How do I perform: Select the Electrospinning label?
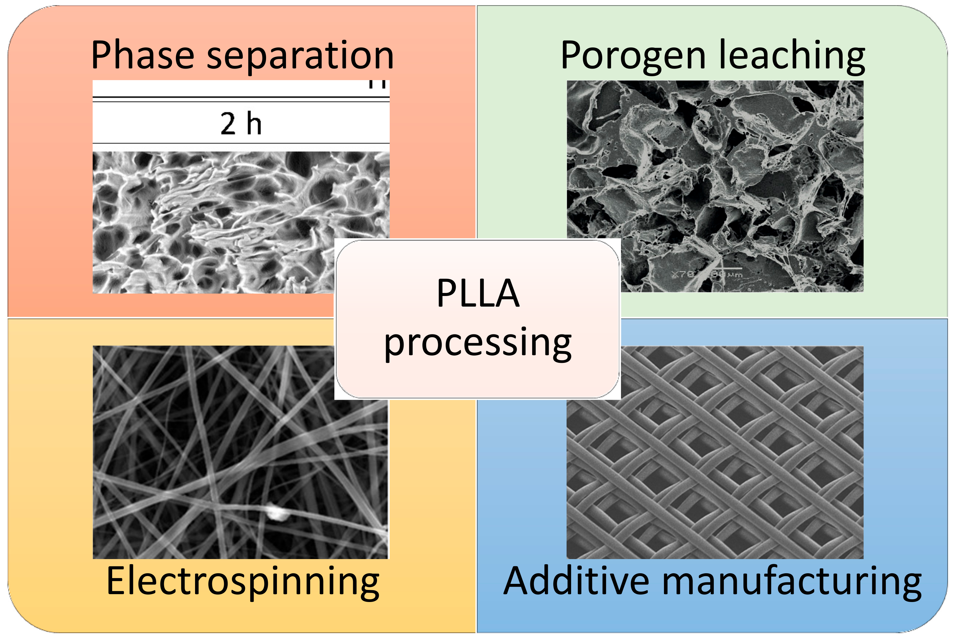click(243, 581)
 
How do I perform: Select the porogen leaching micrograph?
click(715, 164)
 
